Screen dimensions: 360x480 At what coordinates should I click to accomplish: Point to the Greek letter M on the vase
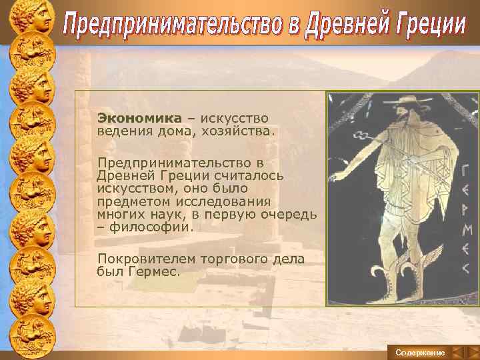[x=465, y=231]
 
